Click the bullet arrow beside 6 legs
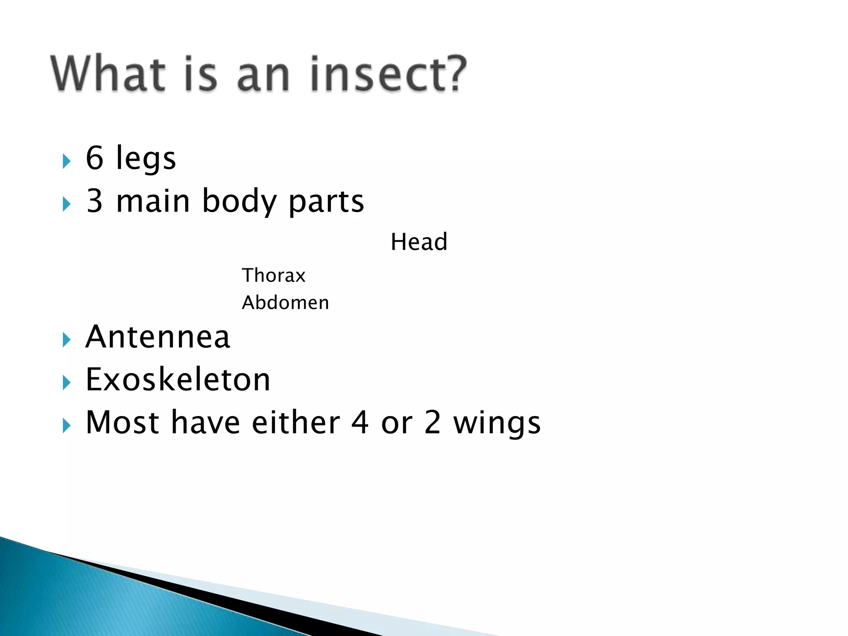coord(66,161)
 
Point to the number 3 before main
coord(94,201)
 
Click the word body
coord(239,202)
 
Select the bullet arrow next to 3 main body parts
coord(66,204)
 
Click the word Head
coord(419,242)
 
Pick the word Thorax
coord(274,275)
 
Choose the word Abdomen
coord(285,303)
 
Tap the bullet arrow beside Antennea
coord(66,340)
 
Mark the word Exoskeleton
coord(178,380)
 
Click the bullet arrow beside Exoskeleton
coord(66,383)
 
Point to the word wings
coord(497,424)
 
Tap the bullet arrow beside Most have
coord(66,426)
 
